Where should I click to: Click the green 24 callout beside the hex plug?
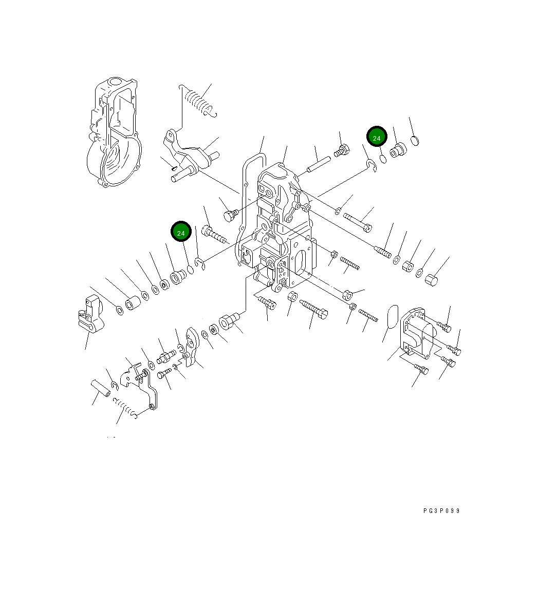coord(377,138)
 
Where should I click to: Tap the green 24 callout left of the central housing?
coord(181,233)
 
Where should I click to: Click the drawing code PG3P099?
coord(441,511)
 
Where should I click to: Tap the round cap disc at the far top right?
coord(417,140)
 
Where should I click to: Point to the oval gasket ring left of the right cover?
coord(392,316)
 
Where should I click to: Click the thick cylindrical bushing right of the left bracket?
coord(133,303)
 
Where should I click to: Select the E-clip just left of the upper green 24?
coord(372,165)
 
